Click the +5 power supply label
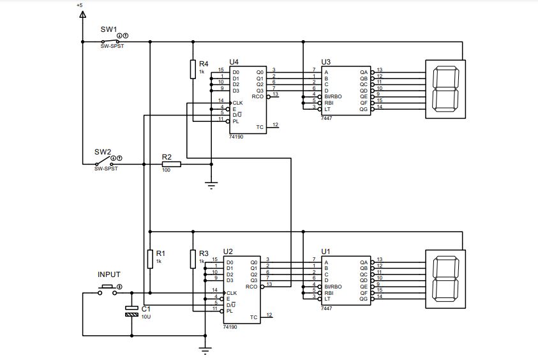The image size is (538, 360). coord(79,5)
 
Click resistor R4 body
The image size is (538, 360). coord(192,69)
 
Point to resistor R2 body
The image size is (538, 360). coord(171,164)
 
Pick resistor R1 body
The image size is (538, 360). coord(149,259)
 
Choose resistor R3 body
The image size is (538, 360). coord(192,259)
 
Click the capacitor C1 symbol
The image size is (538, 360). coord(131,311)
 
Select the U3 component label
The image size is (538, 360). coord(325,61)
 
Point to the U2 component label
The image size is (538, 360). coord(228,251)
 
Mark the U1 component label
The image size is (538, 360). coord(325,251)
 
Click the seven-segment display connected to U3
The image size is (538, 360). coord(445,89)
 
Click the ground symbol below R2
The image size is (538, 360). coord(211,185)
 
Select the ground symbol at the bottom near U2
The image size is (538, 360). coord(205,349)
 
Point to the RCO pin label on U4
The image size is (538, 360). coord(258,96)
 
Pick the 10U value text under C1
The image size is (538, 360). coord(146,317)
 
